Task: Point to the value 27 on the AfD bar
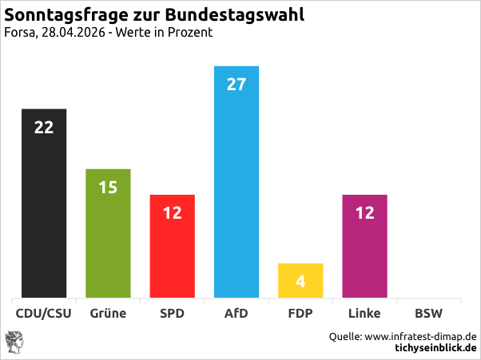236,84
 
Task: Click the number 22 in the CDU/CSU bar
43,127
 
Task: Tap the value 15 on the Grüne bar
108,188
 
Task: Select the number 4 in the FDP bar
300,281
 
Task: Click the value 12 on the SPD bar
172,213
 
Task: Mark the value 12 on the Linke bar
364,213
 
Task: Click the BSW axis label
428,314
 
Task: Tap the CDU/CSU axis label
43,314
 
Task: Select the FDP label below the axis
300,314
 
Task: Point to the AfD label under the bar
236,314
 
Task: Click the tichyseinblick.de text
436,348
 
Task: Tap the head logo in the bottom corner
18,342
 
